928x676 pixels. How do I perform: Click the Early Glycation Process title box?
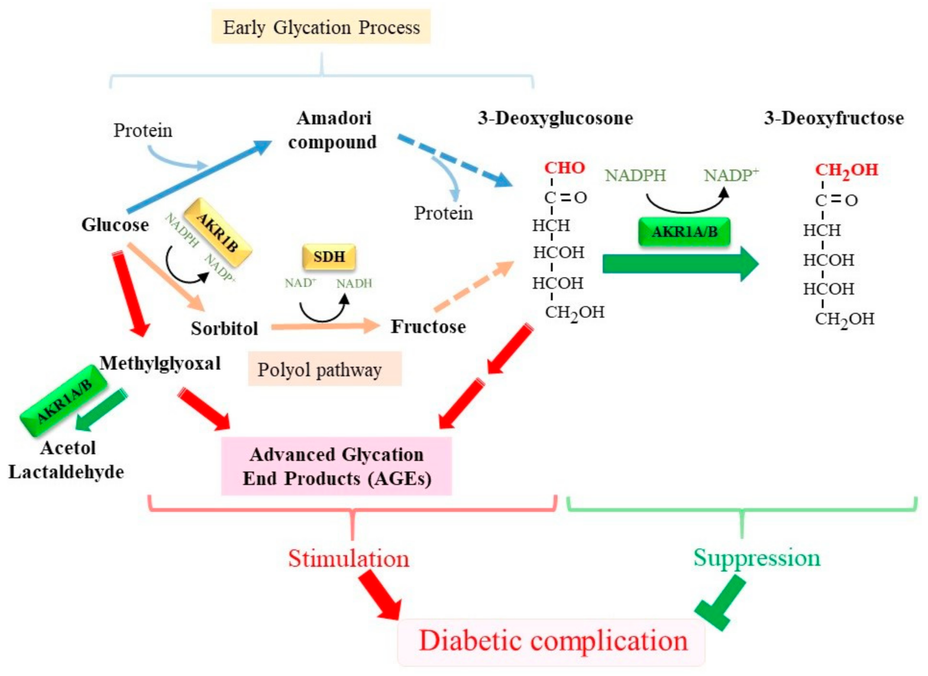321,27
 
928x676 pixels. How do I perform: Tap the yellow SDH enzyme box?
329,257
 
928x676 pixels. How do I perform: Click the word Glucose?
115,225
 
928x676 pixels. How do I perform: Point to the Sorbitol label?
224,329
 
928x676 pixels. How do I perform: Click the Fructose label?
428,327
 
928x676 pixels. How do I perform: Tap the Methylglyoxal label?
160,363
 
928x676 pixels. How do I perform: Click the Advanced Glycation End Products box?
337,466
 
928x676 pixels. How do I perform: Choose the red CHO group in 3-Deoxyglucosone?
564,168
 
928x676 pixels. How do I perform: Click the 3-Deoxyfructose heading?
833,118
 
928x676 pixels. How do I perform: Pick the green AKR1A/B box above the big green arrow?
684,231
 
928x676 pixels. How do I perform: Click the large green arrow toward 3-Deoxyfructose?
680,264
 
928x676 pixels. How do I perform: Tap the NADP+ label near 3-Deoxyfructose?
730,175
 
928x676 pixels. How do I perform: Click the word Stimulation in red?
348,559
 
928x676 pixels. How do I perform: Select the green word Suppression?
756,558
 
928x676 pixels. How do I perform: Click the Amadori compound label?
333,130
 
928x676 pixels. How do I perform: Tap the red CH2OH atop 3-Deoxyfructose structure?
846,170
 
